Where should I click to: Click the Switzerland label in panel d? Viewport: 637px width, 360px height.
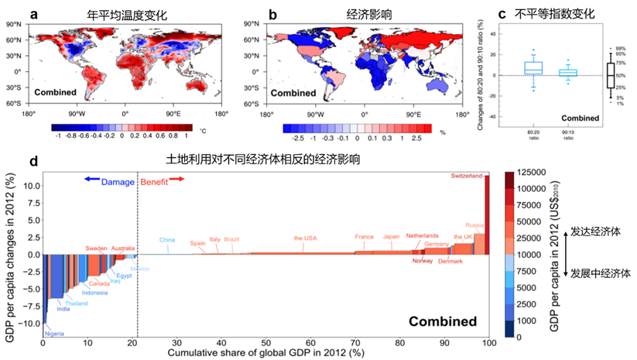pyautogui.click(x=468, y=176)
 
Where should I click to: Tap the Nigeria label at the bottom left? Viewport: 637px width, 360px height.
pyautogui.click(x=55, y=334)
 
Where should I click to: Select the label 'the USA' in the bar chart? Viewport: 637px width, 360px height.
pyautogui.click(x=306, y=238)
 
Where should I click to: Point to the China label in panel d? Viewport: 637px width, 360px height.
pyautogui.click(x=168, y=240)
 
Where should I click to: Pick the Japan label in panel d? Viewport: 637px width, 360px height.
pyautogui.click(x=392, y=236)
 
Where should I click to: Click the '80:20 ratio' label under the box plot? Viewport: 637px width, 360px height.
pyautogui.click(x=533, y=137)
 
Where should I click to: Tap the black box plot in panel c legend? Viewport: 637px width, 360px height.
pyautogui.click(x=610, y=75)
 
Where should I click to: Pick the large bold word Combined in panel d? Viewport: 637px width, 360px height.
pyautogui.click(x=442, y=321)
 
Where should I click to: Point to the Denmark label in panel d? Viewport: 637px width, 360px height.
pyautogui.click(x=450, y=261)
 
